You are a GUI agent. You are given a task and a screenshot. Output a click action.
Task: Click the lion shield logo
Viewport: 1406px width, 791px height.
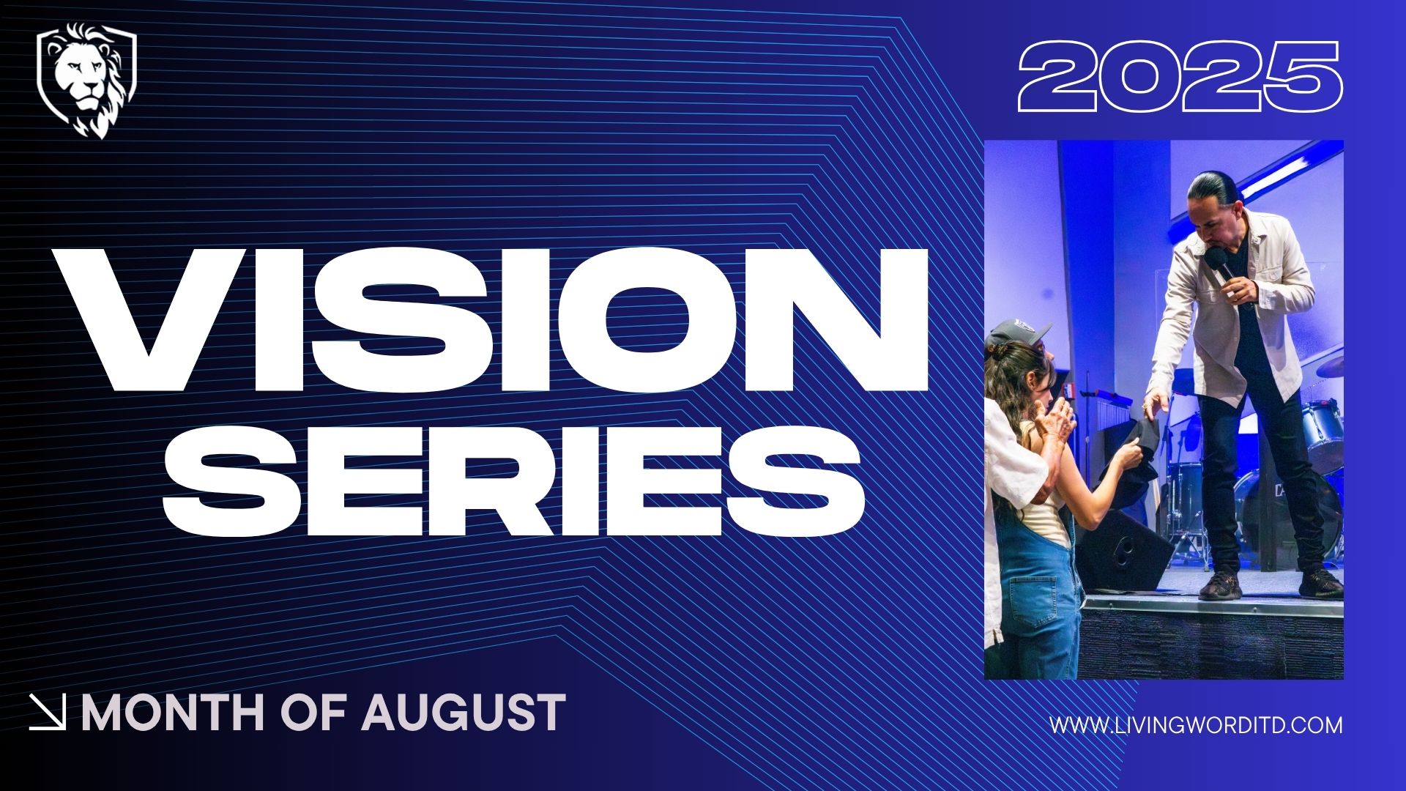tap(86, 81)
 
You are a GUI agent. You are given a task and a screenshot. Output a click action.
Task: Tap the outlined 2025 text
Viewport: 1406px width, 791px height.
tap(1180, 76)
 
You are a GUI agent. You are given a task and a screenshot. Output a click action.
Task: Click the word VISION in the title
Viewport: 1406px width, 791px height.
tap(491, 319)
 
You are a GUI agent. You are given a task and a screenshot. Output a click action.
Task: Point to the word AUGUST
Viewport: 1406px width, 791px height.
tap(464, 713)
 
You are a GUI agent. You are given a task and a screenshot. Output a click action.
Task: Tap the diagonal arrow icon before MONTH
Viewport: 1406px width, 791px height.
tap(48, 713)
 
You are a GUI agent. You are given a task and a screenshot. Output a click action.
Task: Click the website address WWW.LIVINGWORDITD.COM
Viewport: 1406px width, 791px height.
tap(1197, 725)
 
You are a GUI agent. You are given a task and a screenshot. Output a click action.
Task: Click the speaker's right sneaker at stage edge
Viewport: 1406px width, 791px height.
tap(1320, 584)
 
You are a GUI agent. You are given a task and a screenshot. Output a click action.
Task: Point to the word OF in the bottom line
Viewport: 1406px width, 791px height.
tap(315, 713)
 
